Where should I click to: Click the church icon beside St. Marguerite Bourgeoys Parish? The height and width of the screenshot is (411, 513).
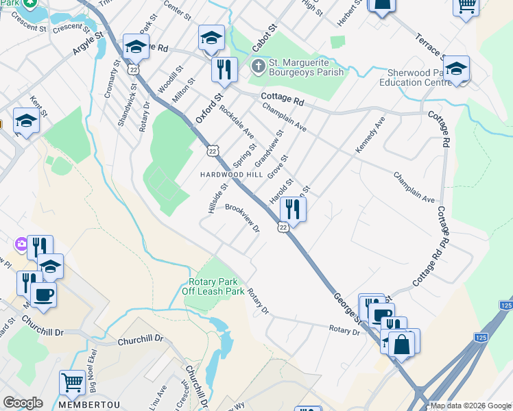click(x=258, y=66)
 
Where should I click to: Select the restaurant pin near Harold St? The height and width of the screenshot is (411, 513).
click(x=293, y=210)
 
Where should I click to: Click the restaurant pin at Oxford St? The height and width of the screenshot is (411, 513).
click(x=224, y=68)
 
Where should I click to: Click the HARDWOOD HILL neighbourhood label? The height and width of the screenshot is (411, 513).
click(x=231, y=175)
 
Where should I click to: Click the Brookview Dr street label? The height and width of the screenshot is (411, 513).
click(x=242, y=219)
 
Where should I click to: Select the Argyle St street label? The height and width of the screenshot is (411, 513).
click(x=87, y=42)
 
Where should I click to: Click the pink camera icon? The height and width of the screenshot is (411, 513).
click(x=22, y=244)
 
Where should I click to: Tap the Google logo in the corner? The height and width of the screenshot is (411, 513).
click(x=23, y=403)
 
